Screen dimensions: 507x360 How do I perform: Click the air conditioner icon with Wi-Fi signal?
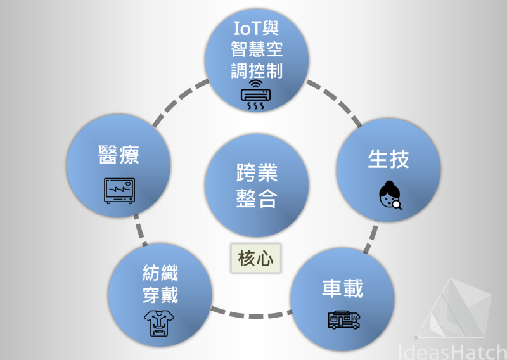pyautogui.click(x=255, y=94)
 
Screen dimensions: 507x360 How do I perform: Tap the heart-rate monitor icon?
pyautogui.click(x=119, y=191)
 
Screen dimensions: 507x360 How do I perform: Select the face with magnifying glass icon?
pyautogui.click(x=390, y=195)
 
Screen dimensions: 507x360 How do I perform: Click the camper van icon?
pyautogui.click(x=344, y=320)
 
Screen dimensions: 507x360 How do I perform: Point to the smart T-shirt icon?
pyautogui.click(x=159, y=323)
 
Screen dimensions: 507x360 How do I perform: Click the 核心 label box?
pyautogui.click(x=256, y=258)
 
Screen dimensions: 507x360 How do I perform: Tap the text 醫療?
pyautogui.click(x=119, y=155)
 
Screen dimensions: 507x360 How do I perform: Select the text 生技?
pyautogui.click(x=388, y=159)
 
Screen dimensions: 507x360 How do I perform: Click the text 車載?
pyautogui.click(x=342, y=288)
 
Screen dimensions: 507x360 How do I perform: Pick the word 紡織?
pyautogui.click(x=160, y=273)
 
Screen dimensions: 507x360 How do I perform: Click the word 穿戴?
pyautogui.click(x=160, y=295)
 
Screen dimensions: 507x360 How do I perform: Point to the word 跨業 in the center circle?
pyautogui.click(x=257, y=172)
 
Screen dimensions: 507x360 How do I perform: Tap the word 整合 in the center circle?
pyautogui.click(x=257, y=198)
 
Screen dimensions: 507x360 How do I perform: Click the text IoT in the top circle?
pyautogui.click(x=247, y=28)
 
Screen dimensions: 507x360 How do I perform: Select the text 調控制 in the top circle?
pyautogui.click(x=257, y=70)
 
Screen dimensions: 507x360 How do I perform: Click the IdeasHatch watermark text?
pyautogui.click(x=452, y=352)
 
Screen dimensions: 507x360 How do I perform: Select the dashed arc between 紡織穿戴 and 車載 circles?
pyautogui.click(x=252, y=314)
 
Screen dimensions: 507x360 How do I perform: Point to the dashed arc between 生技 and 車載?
pyautogui.click(x=371, y=236)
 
